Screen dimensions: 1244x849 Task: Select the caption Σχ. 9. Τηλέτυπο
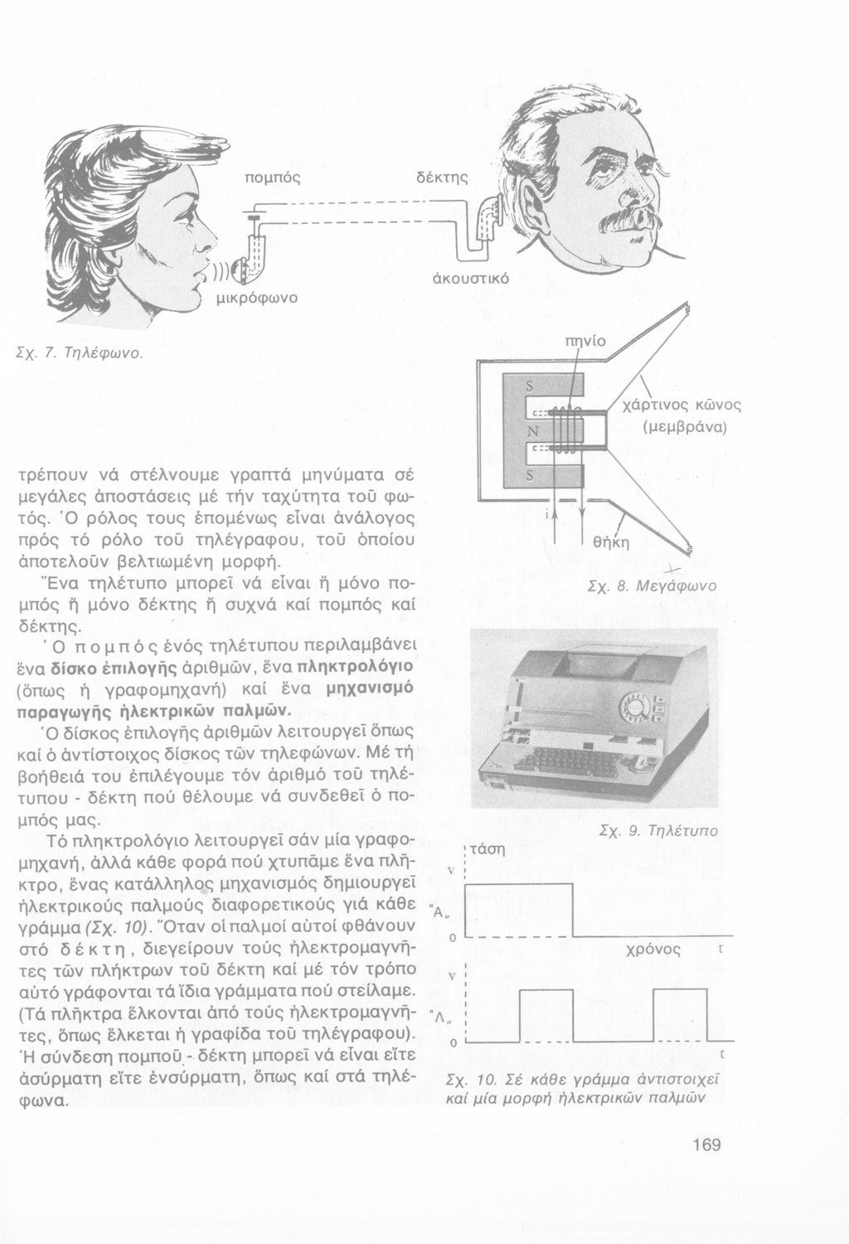(x=670, y=831)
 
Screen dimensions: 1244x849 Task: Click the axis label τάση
(x=488, y=848)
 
